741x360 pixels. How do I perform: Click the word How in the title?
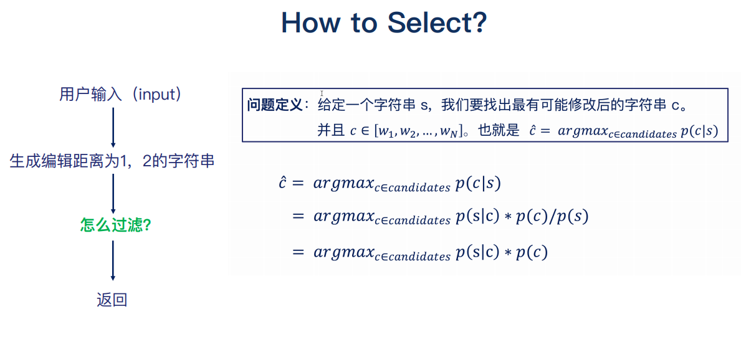tap(310, 23)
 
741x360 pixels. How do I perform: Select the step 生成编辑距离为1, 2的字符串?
tap(112, 161)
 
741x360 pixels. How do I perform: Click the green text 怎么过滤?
tap(116, 225)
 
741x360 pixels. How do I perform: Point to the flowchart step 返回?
tap(112, 300)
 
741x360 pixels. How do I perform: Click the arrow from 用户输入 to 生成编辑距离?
tap(113, 127)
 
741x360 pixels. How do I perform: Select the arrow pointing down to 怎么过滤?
tap(113, 194)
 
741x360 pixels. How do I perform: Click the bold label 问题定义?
tap(274, 105)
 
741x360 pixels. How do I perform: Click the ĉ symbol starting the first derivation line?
tap(282, 183)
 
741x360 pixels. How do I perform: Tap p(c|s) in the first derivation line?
tap(478, 183)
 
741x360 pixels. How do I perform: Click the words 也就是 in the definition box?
tap(498, 131)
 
